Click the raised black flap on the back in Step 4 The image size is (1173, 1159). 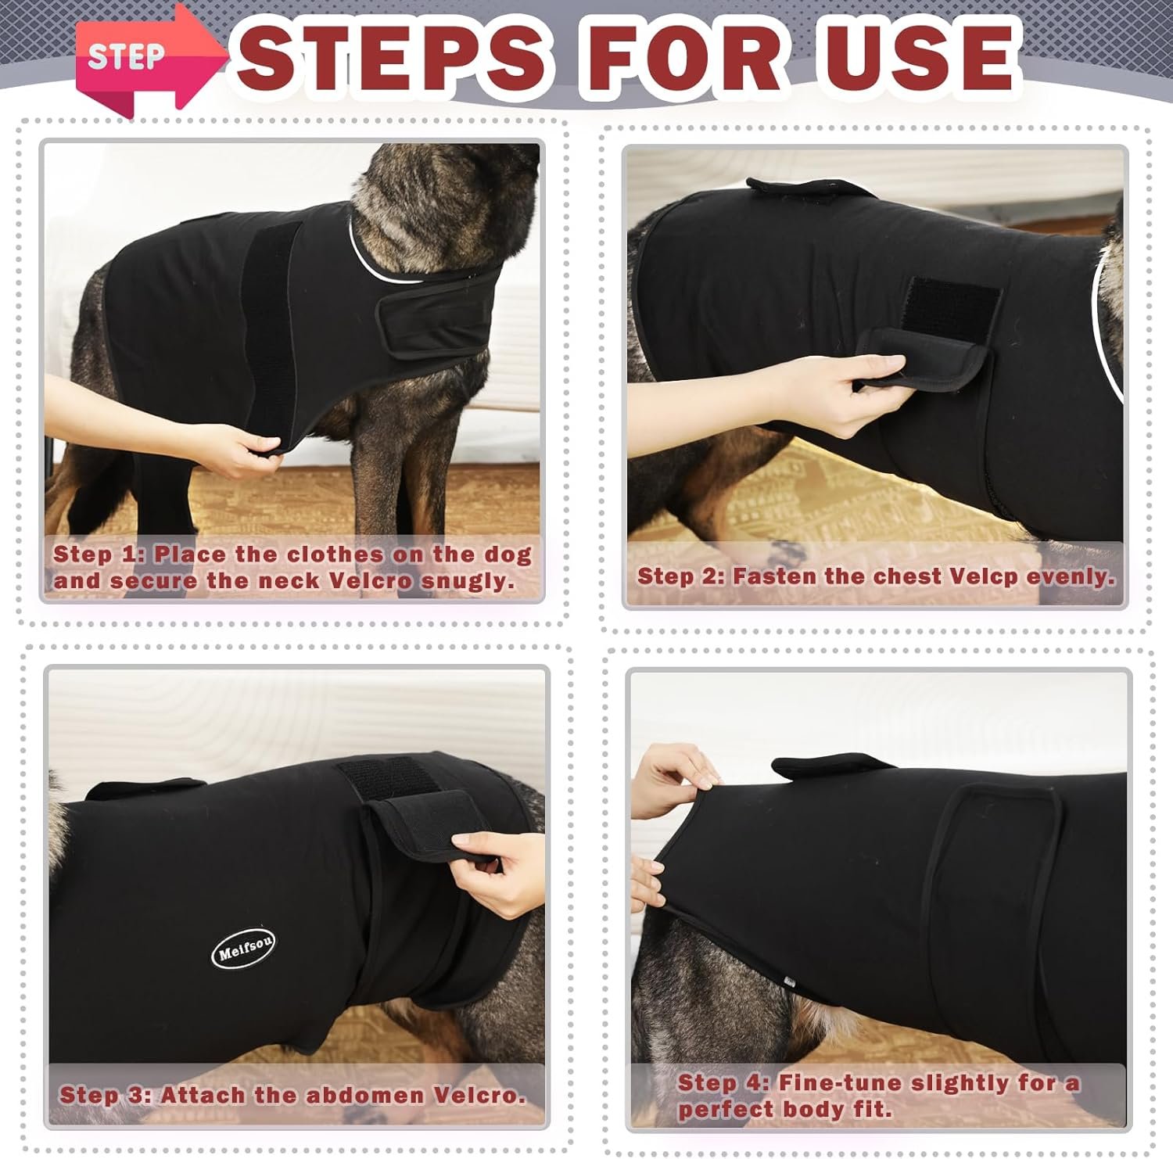824,766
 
